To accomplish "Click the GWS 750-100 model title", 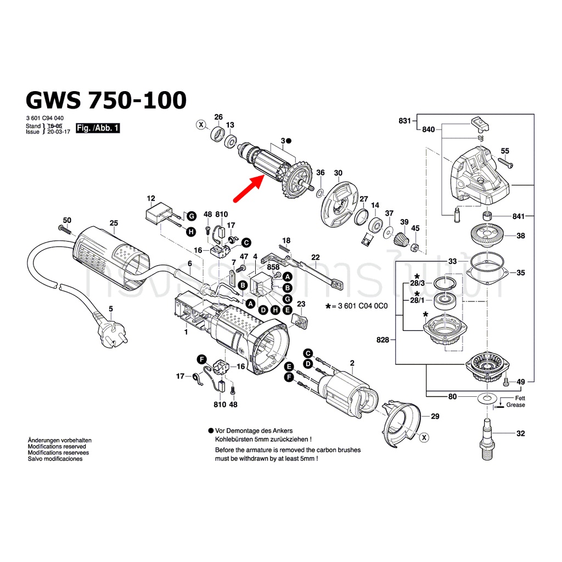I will pos(106,100).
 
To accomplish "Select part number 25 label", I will pos(114,223).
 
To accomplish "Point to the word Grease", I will pos(515,405).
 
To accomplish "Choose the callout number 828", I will pos(383,340).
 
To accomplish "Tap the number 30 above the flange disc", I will pos(338,173).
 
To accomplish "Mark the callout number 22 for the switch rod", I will pos(315,257).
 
